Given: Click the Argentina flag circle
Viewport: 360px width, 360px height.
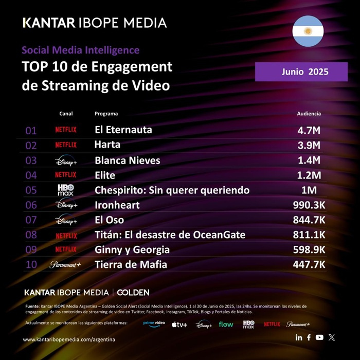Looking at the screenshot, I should click(308, 31).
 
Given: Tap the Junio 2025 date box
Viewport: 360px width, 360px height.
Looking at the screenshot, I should click(301, 72).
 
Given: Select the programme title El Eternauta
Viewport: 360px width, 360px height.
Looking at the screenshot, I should click(123, 130).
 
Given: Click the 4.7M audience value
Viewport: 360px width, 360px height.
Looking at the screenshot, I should click(309, 130).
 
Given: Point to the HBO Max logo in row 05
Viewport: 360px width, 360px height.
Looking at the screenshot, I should click(66, 190).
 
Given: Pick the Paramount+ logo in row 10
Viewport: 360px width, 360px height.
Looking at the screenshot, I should click(66, 265).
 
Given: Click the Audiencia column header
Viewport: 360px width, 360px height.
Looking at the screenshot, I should click(309, 113).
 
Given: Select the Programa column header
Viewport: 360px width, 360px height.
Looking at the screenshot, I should click(106, 113).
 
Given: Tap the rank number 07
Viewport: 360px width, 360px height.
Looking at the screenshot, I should click(31, 221).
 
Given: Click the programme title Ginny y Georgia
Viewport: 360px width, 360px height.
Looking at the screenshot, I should click(132, 250).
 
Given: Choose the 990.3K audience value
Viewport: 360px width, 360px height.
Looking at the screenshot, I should click(307, 205).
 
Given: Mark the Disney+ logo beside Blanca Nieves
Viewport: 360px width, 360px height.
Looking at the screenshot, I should click(66, 160).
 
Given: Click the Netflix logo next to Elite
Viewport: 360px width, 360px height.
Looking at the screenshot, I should click(66, 175).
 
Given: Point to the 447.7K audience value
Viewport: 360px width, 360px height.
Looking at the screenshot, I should click(307, 265).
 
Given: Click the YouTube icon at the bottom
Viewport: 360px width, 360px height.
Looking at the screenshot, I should click(320, 337).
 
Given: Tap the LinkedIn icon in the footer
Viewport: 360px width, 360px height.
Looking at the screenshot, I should click(299, 337).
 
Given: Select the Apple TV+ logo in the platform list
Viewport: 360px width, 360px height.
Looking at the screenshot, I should click(179, 325).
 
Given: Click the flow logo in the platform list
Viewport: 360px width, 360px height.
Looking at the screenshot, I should click(226, 325).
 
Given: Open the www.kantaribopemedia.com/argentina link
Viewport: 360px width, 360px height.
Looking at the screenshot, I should click(69, 340).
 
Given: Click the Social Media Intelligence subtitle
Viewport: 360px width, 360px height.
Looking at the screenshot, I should click(80, 50).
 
